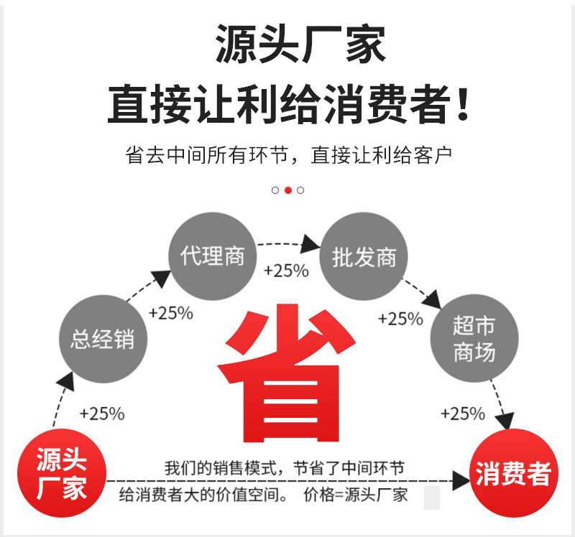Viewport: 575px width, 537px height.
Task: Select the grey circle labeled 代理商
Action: point(213,256)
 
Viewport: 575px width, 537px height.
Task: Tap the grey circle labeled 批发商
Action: point(364,256)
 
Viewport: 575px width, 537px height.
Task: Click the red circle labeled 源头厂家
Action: point(62,474)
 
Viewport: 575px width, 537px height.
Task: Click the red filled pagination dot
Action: point(287,190)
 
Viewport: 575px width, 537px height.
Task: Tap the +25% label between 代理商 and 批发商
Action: point(286,271)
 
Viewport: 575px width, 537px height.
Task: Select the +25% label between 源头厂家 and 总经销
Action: point(102,414)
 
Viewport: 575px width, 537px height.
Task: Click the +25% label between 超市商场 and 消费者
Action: point(463,414)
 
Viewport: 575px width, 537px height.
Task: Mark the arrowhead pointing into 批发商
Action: point(310,243)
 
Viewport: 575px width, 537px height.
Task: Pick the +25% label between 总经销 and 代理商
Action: point(171,313)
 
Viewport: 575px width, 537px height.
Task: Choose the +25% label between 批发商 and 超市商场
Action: point(400,319)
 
